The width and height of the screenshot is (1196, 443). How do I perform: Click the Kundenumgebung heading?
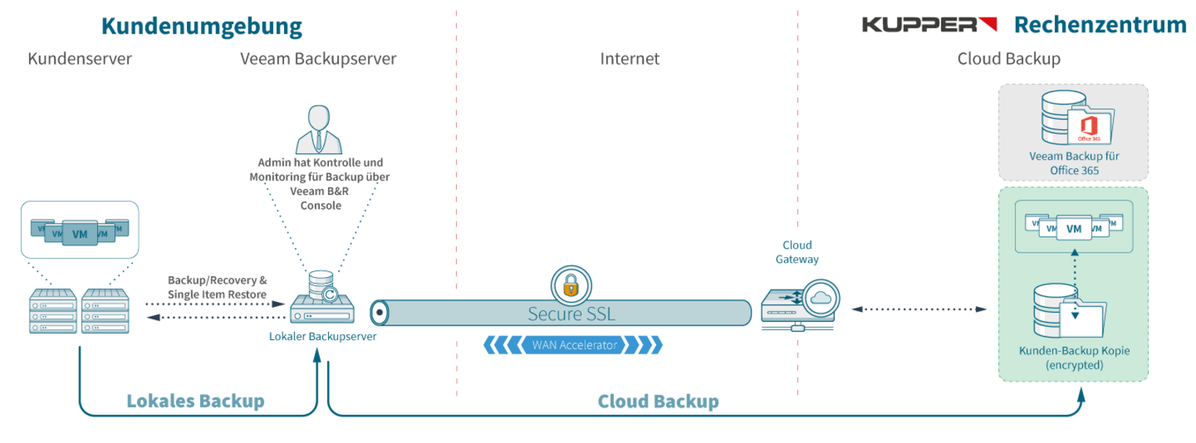pyautogui.click(x=201, y=26)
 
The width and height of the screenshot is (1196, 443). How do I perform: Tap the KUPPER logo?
pyautogui.click(x=929, y=25)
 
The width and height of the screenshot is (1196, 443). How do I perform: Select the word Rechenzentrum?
pyautogui.click(x=1100, y=25)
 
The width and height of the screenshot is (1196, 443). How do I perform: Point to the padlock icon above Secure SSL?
pyautogui.click(x=571, y=285)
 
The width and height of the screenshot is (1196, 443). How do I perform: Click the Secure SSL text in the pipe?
pyautogui.click(x=571, y=314)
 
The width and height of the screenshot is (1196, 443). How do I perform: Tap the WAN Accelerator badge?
pyautogui.click(x=574, y=345)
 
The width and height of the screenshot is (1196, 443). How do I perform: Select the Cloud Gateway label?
pyautogui.click(x=797, y=252)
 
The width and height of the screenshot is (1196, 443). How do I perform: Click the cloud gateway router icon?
pyautogui.click(x=800, y=306)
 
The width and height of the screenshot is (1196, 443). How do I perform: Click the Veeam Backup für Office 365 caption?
pyautogui.click(x=1074, y=163)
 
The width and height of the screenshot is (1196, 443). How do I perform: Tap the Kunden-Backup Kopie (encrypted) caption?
pyautogui.click(x=1074, y=357)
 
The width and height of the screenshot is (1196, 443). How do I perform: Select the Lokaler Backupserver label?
pyautogui.click(x=322, y=336)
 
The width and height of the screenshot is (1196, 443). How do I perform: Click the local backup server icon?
pyautogui.click(x=322, y=299)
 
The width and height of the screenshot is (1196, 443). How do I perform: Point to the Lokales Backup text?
pyautogui.click(x=195, y=401)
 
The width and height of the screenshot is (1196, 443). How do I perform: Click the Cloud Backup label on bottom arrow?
pyautogui.click(x=658, y=401)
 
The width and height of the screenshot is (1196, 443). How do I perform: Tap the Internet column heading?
pyautogui.click(x=629, y=59)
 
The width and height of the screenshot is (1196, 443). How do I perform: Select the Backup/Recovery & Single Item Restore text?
pyautogui.click(x=217, y=287)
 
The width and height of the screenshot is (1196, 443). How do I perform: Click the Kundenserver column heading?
pyautogui.click(x=79, y=59)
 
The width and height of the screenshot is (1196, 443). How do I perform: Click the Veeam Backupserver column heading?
pyautogui.click(x=318, y=59)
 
